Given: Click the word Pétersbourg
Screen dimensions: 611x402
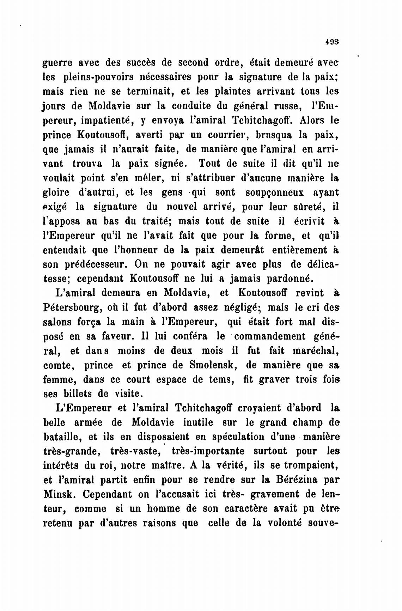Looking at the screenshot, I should pos(75,307).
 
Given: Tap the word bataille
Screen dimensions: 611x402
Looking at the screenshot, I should pos(62,437).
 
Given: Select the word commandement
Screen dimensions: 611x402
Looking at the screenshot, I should pos(270,336).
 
